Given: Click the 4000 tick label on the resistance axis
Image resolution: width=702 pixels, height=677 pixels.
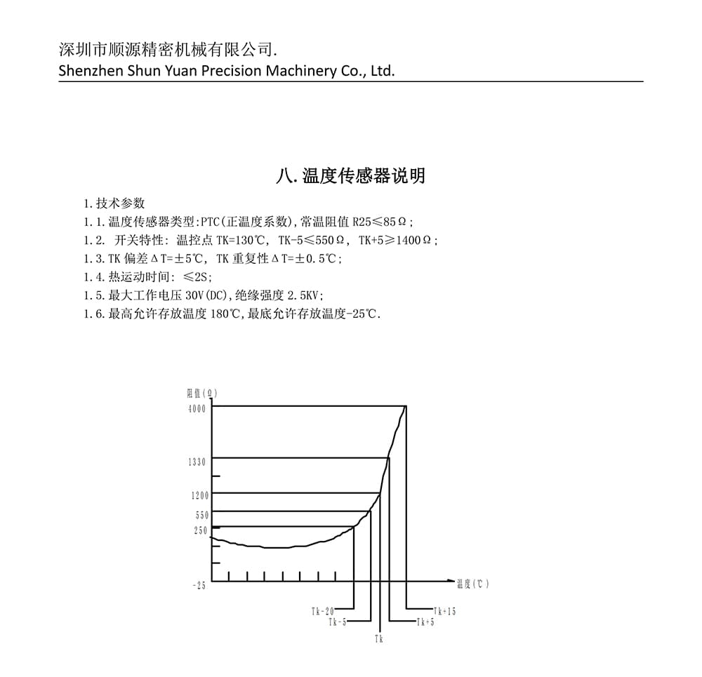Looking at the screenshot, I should click(197, 409).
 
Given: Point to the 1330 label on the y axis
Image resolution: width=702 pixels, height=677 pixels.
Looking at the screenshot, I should click(197, 462).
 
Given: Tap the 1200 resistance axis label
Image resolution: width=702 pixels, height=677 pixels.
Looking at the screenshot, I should click(199, 495).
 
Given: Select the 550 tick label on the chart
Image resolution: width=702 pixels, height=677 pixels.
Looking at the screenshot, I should click(201, 515).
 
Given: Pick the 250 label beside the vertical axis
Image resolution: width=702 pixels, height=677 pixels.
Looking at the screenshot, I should click(201, 531).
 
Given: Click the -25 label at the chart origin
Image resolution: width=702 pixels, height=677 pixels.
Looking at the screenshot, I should click(199, 586).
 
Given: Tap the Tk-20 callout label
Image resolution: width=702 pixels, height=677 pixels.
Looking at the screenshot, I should click(323, 611).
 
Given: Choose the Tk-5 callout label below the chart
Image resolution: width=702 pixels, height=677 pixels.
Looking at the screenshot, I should click(338, 622).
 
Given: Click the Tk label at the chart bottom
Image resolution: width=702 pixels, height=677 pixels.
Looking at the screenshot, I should click(379, 639).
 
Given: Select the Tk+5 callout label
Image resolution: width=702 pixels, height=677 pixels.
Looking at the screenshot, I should click(425, 622).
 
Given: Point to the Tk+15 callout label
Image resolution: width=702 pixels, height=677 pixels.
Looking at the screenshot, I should click(445, 611).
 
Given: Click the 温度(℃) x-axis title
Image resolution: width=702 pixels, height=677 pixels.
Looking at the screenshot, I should click(472, 584).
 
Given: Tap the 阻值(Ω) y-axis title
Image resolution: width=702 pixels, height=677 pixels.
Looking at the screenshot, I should click(202, 393).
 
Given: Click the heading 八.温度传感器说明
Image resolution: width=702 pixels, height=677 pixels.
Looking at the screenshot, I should click(350, 175).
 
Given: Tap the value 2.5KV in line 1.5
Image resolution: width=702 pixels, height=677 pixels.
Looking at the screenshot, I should click(305, 295).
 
